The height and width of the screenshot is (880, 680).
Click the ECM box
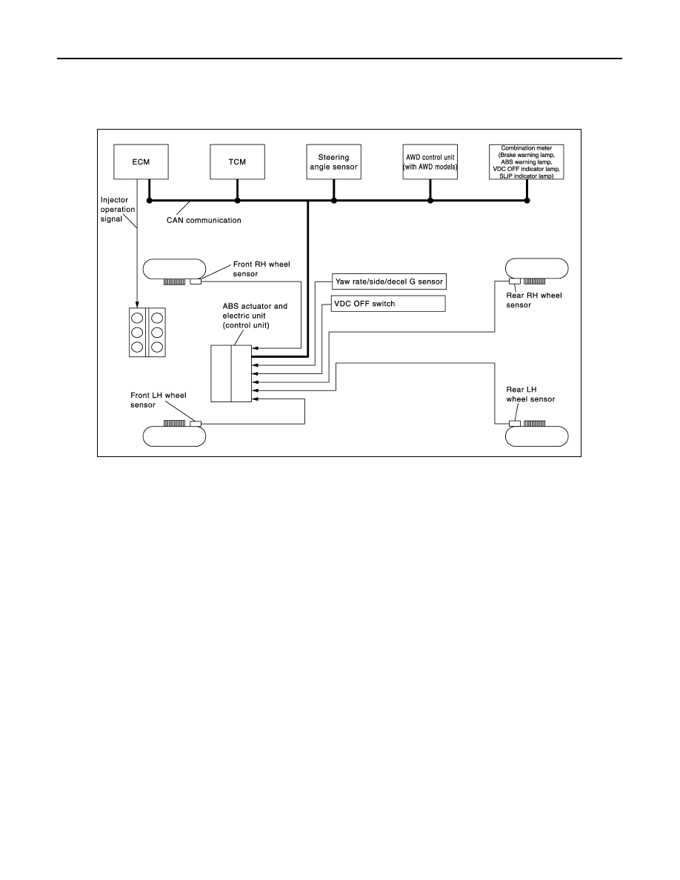pyautogui.click(x=141, y=161)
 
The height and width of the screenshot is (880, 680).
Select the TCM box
pyautogui.click(x=237, y=161)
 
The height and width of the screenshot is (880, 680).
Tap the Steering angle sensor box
pyautogui.click(x=334, y=161)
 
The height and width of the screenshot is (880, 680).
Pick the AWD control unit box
pyautogui.click(x=430, y=161)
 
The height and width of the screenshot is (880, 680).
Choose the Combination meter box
pyautogui.click(x=526, y=161)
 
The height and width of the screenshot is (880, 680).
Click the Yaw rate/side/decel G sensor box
pyautogui.click(x=389, y=281)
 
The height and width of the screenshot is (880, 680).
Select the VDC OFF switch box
pyautogui.click(x=389, y=304)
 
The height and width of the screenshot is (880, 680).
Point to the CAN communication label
pyautogui.click(x=204, y=220)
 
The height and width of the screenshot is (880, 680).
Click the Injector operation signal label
pyautogui.click(x=117, y=210)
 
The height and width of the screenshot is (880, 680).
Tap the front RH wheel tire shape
pyautogui.click(x=175, y=269)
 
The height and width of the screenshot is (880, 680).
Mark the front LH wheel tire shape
pyautogui.click(x=175, y=436)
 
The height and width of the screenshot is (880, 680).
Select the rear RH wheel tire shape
pyautogui.click(x=537, y=268)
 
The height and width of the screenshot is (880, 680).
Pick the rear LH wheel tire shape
pyautogui.click(x=537, y=436)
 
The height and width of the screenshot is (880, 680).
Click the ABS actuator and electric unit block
pyautogui.click(x=231, y=373)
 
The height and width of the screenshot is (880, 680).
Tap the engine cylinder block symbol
pyautogui.click(x=147, y=333)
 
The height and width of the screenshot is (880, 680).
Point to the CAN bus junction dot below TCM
pyautogui.click(x=237, y=200)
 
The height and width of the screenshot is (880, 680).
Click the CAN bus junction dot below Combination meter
pyautogui.click(x=527, y=200)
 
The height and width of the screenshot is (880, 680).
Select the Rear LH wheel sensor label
pyautogui.click(x=530, y=394)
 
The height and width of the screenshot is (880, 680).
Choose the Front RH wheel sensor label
pyautogui.click(x=261, y=269)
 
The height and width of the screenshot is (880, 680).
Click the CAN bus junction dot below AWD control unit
pyautogui.click(x=430, y=200)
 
